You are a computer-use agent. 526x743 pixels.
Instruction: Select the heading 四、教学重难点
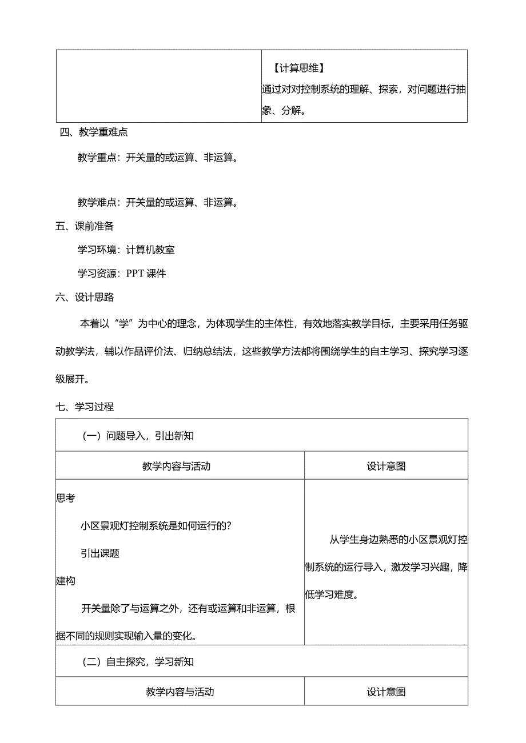coord(94,132)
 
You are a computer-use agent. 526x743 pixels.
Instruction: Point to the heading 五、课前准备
coord(85,226)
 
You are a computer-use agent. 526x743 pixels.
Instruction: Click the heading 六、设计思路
coord(85,297)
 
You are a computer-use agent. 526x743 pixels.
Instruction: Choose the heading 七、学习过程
coord(85,407)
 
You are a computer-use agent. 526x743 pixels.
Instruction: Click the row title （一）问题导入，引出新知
coord(138,436)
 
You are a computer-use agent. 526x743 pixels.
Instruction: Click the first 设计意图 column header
coord(386,466)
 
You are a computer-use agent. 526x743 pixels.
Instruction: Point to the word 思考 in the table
coord(65,497)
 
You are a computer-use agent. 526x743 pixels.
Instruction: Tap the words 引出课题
coord(100,553)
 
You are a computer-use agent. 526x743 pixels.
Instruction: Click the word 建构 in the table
coord(65,581)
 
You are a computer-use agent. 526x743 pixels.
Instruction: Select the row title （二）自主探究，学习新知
coord(138,662)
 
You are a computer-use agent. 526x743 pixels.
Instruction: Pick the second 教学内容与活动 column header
coord(180,692)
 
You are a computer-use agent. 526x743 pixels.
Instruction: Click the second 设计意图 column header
coord(386,692)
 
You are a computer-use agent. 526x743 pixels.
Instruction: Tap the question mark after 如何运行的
coord(229,525)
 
